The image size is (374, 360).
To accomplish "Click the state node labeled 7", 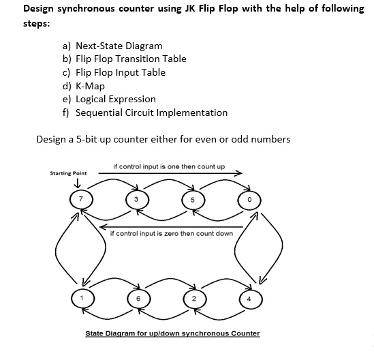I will [82, 199].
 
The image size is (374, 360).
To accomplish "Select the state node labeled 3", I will [136, 199].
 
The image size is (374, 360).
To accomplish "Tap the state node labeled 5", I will [193, 200].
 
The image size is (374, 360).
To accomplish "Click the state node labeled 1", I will [82, 298].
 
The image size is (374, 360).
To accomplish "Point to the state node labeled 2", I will [193, 299].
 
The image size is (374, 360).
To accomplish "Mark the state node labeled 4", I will [249, 298].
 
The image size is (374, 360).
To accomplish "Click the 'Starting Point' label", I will [68, 173].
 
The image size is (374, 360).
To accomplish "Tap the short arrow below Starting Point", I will [78, 183].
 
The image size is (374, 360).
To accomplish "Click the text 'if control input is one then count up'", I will [169, 166].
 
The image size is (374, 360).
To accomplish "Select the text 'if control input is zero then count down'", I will [171, 233].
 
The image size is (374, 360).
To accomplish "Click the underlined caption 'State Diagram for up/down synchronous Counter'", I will [172, 333].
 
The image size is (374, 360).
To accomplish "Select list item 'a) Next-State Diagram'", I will [112, 46].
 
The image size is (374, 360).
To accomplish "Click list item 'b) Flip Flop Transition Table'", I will [124, 59].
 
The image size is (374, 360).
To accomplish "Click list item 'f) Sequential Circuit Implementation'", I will [145, 112].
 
